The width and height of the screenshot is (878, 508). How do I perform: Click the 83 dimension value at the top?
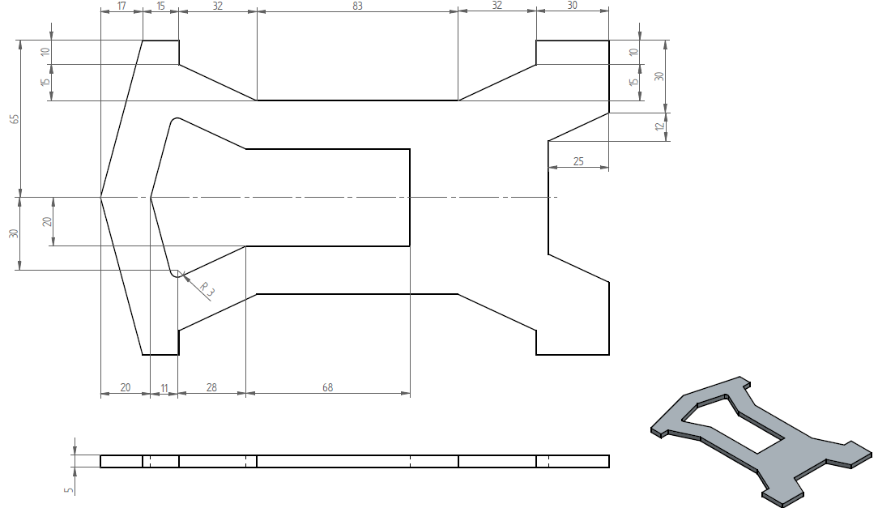pos(357,6)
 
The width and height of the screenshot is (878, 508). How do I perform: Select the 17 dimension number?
pos(121,6)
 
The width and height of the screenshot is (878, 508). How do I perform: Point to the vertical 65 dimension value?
pos(15,119)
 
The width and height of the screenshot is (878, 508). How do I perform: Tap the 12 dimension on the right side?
pos(660,126)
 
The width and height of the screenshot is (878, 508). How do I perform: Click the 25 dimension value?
pos(578,161)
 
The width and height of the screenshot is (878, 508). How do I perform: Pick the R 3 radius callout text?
pos(207,289)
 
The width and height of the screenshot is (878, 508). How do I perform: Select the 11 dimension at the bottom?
pos(164,387)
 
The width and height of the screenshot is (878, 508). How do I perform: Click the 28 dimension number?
pos(211,387)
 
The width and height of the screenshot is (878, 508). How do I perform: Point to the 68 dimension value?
pos(327,387)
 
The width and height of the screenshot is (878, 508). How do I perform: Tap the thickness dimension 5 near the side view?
pos(69,489)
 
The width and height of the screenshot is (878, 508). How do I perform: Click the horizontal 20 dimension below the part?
pos(126,387)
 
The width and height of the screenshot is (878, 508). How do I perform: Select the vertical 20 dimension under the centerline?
pos(48,222)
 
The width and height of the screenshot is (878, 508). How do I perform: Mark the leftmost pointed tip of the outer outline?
pos(100,197)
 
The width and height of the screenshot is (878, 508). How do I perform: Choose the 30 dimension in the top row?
pos(572,6)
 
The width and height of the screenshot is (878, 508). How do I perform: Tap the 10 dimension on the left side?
pos(46,52)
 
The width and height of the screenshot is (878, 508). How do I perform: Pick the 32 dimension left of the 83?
pos(217,6)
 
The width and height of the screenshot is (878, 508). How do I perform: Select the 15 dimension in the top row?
pos(160,6)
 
